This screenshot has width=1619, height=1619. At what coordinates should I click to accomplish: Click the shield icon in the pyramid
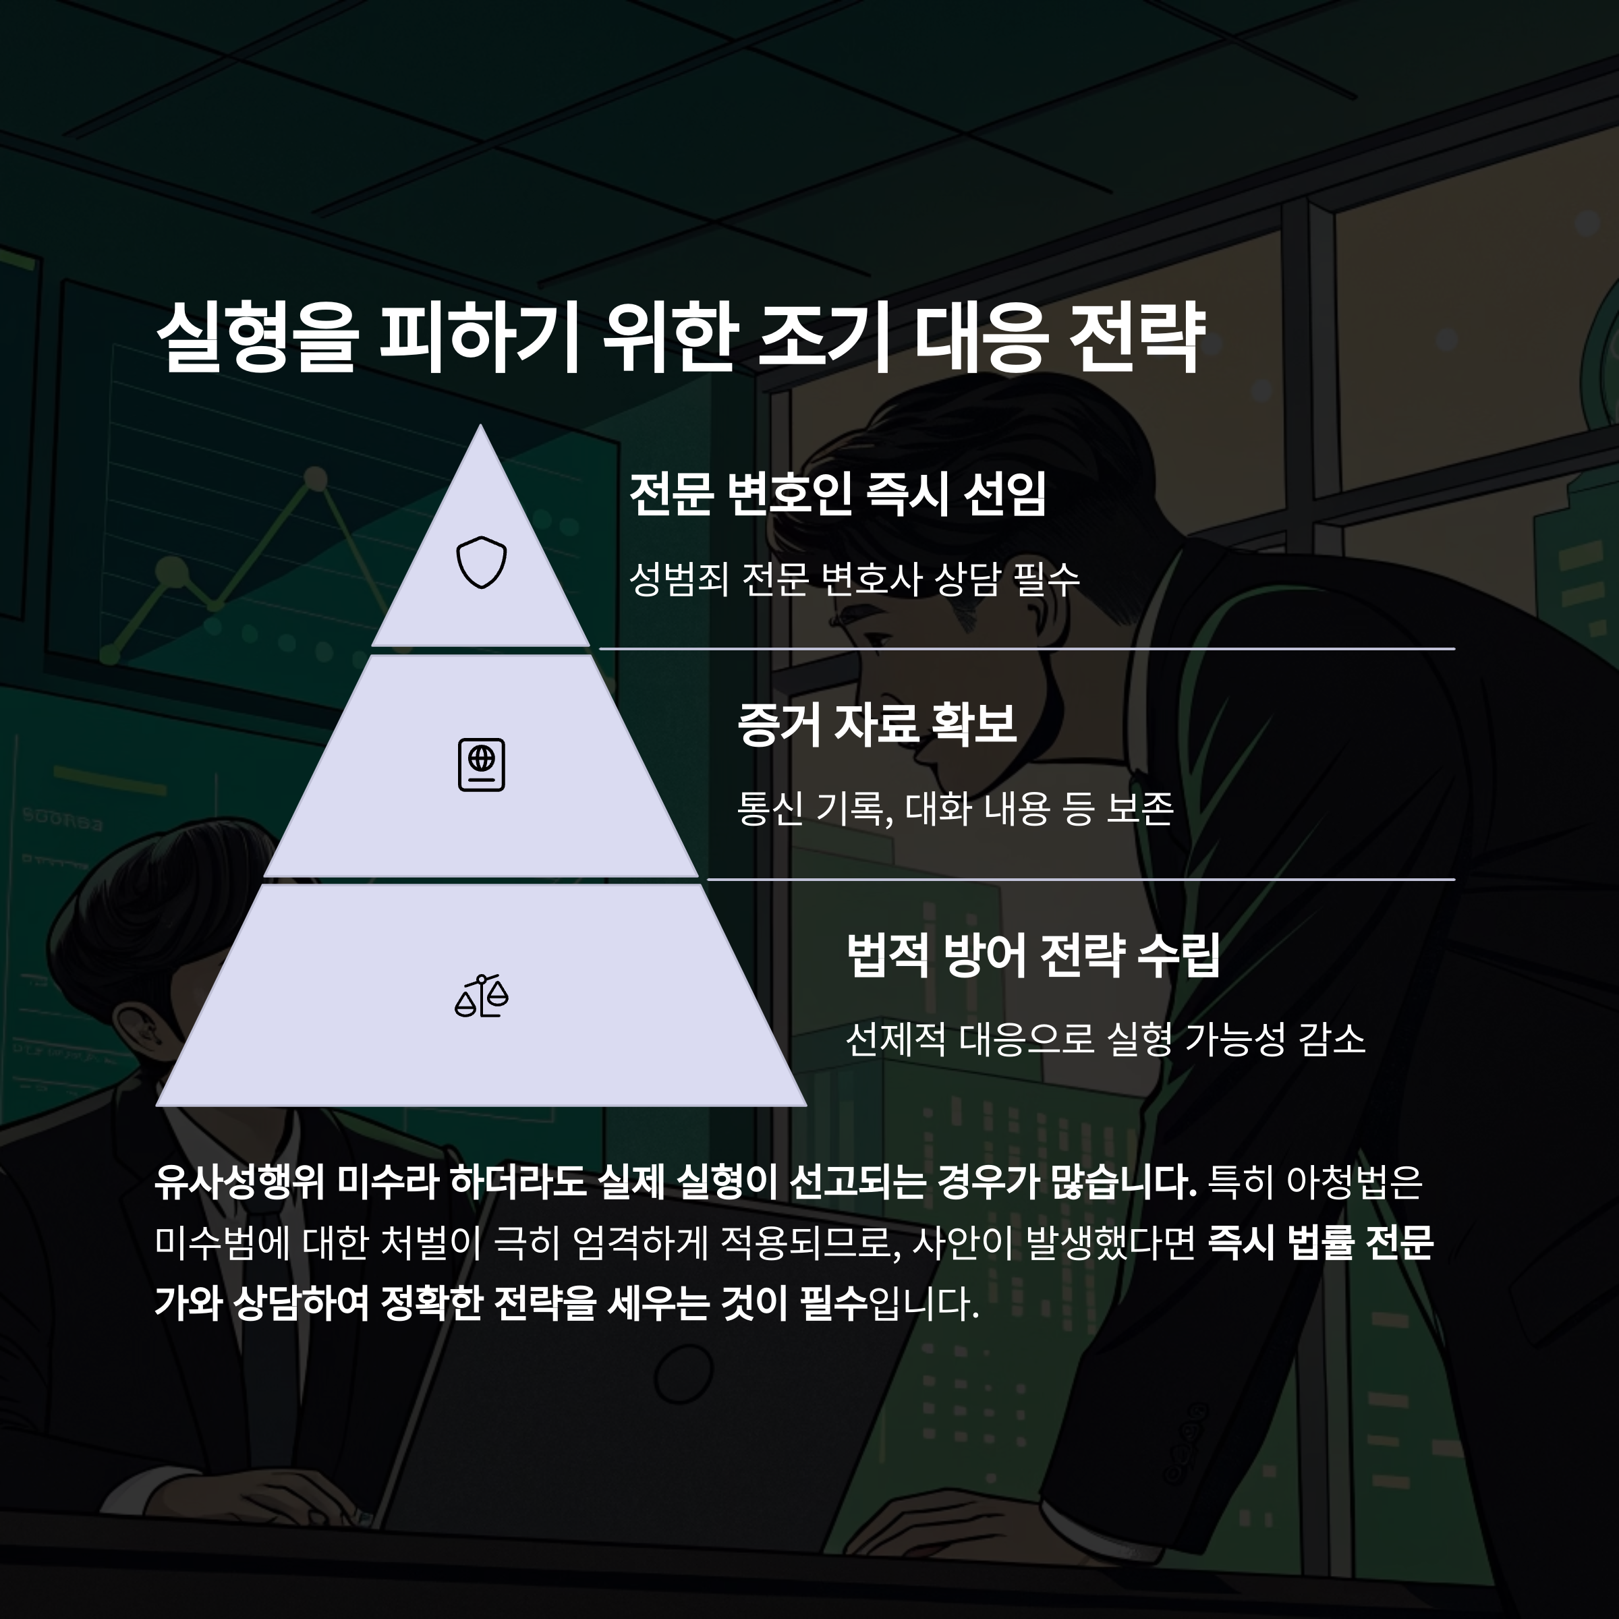(x=481, y=563)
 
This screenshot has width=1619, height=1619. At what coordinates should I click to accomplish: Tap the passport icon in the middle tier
(x=481, y=764)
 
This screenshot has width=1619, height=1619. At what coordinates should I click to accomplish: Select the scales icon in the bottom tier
(x=481, y=996)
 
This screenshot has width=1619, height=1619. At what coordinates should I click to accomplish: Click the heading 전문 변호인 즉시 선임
(x=837, y=494)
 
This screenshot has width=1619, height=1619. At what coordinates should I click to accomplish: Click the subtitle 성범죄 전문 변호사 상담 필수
(x=854, y=578)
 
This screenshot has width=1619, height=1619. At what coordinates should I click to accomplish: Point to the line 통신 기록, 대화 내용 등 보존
(x=955, y=809)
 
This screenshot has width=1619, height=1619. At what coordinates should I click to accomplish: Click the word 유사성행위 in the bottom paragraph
(x=239, y=1183)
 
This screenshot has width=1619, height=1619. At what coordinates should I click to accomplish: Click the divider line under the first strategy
(x=1027, y=648)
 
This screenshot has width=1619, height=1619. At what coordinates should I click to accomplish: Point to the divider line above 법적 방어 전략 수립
(x=1081, y=880)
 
